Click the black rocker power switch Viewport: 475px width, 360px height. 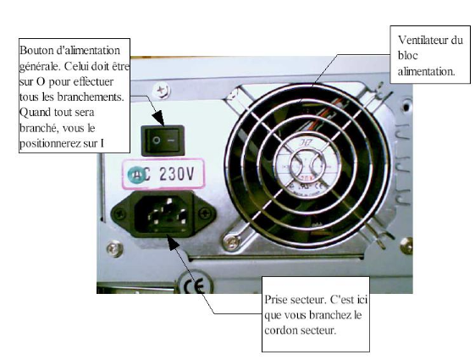click(x=163, y=141)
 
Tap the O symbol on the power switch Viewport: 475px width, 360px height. click(x=157, y=141)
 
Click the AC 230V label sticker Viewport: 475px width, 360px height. click(x=163, y=174)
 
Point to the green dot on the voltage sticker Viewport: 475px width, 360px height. click(x=136, y=175)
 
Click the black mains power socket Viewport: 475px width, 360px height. click(x=163, y=214)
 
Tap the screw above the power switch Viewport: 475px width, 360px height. click(x=161, y=91)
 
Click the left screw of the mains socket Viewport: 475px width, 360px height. click(x=120, y=214)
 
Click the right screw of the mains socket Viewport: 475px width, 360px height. click(x=206, y=213)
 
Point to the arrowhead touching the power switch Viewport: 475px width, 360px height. click(x=158, y=119)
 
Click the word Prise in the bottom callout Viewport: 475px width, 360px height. click(x=276, y=300)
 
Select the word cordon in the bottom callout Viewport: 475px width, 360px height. click(x=279, y=330)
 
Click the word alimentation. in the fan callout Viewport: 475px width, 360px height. click(x=426, y=72)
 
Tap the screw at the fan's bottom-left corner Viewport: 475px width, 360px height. click(x=231, y=242)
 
